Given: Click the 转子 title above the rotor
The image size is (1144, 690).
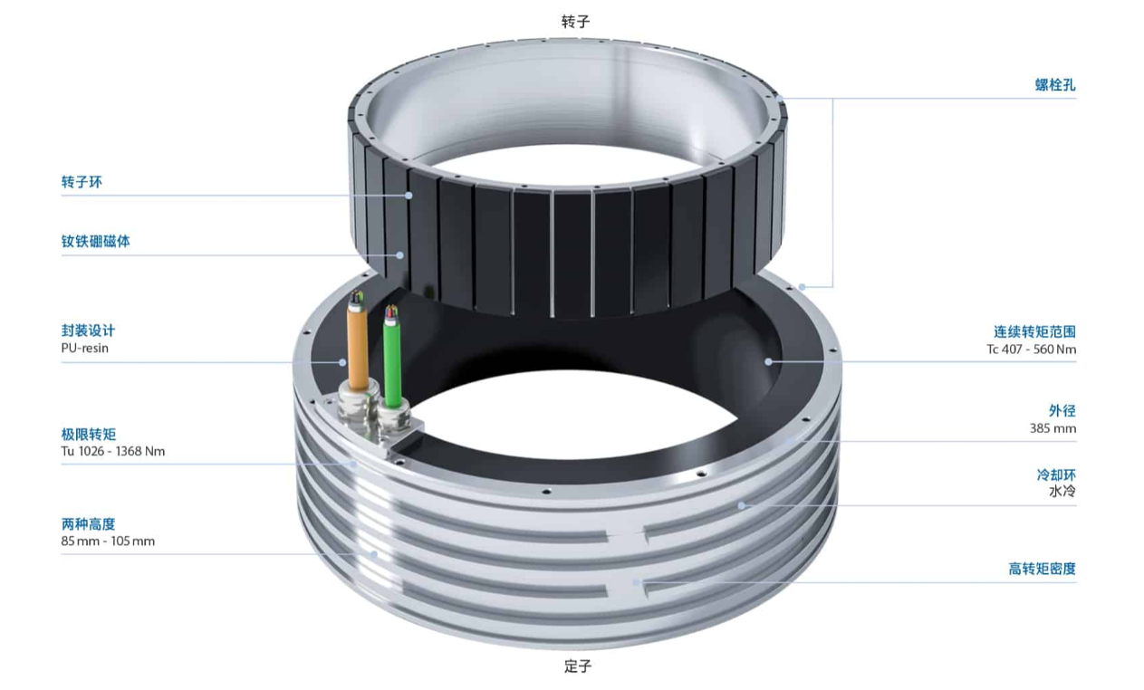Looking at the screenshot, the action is pyautogui.click(x=575, y=22).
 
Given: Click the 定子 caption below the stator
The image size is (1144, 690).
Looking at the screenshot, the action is pyautogui.click(x=578, y=666).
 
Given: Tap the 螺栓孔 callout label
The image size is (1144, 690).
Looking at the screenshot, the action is pyautogui.click(x=1055, y=85).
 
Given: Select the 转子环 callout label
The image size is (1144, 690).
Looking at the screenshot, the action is pyautogui.click(x=82, y=182).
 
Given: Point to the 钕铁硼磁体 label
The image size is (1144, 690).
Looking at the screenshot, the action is pyautogui.click(x=95, y=241).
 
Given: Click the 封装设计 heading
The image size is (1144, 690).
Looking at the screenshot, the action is pyautogui.click(x=89, y=331).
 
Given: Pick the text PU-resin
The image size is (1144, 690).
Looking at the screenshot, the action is pyautogui.click(x=85, y=349).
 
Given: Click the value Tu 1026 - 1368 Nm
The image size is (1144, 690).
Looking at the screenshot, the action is pyautogui.click(x=113, y=452).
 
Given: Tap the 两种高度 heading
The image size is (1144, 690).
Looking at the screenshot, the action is pyautogui.click(x=89, y=524).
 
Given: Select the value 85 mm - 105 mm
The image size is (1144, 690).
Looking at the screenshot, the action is pyautogui.click(x=108, y=541).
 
